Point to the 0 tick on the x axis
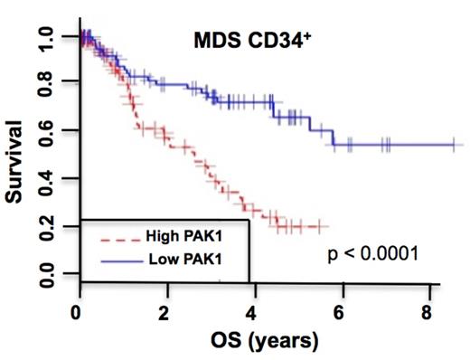(x=80, y=312)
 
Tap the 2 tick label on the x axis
(x=164, y=312)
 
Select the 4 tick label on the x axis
(x=251, y=312)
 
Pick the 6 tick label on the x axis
(x=338, y=312)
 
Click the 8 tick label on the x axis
(x=424, y=312)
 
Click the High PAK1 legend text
(x=181, y=237)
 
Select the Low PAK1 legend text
(x=180, y=261)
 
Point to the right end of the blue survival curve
(x=462, y=144)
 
